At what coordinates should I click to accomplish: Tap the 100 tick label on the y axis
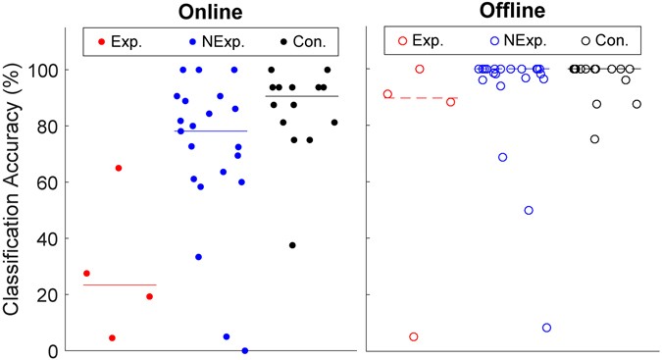pos(48,71)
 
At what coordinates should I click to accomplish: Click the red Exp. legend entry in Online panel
pos(122,40)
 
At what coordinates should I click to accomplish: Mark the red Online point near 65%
pos(119,168)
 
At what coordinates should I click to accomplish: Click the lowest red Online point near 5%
pos(112,337)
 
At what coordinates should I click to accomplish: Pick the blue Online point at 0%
pos(245,350)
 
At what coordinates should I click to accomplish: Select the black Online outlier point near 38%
pos(292,245)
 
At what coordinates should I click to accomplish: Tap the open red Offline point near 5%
pos(413,336)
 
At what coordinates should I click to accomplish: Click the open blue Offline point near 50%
pos(529,210)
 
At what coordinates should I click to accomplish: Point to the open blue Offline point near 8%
pos(546,328)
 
